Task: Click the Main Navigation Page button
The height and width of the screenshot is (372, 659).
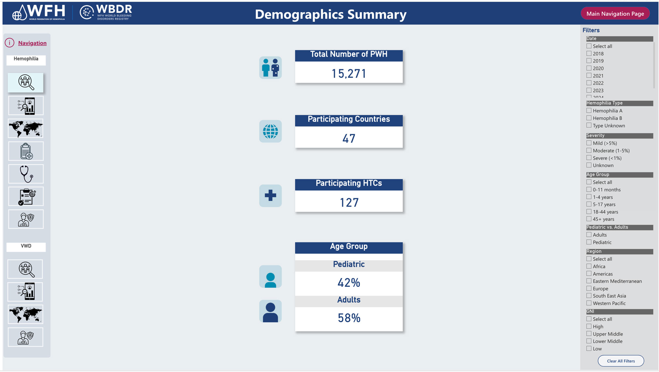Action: click(x=615, y=14)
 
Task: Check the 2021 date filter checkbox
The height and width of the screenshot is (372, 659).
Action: click(x=589, y=76)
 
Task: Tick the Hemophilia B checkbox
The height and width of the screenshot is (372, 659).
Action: click(x=589, y=118)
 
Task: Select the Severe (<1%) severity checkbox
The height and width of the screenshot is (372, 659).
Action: click(x=589, y=158)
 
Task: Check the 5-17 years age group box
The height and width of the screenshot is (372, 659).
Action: click(x=589, y=204)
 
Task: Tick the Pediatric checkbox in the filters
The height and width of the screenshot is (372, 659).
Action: click(x=589, y=242)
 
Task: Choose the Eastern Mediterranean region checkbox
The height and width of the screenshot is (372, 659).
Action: click(x=589, y=281)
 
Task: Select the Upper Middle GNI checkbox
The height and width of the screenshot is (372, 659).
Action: click(x=589, y=334)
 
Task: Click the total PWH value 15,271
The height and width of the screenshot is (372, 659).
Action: click(x=349, y=74)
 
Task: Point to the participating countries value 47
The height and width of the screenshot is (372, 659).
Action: click(x=349, y=138)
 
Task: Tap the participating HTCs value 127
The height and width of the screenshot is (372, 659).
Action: click(x=349, y=203)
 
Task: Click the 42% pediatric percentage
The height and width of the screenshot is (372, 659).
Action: click(x=349, y=283)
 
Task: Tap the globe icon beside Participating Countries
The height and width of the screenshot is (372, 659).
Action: click(x=270, y=131)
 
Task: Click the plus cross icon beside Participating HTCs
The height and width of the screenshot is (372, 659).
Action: click(x=270, y=195)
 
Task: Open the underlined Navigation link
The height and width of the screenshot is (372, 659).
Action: click(x=32, y=43)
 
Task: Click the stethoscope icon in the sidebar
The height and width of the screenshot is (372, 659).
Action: click(x=26, y=174)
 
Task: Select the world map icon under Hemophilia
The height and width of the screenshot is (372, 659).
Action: click(x=26, y=129)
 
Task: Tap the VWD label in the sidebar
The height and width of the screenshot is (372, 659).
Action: click(x=26, y=246)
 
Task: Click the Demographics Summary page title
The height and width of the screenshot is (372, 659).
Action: click(x=330, y=14)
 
